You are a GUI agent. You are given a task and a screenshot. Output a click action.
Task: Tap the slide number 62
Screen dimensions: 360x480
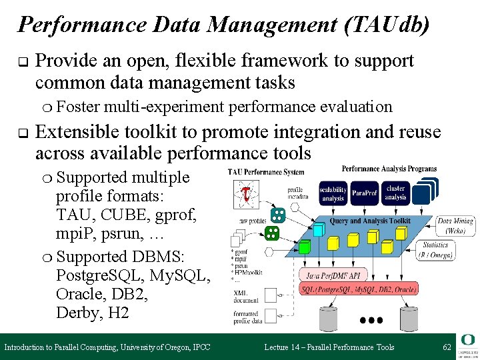[x=446, y=347]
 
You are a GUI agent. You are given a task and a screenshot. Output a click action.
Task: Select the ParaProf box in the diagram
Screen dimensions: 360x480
[x=364, y=193]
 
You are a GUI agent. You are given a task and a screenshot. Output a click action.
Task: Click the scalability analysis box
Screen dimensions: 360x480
[x=332, y=193]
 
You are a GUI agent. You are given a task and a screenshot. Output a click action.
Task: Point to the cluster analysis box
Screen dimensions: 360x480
[x=395, y=193]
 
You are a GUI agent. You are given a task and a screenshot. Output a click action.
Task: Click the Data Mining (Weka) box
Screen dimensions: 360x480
[x=455, y=225]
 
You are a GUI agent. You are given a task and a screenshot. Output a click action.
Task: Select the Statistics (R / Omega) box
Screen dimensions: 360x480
[x=435, y=249]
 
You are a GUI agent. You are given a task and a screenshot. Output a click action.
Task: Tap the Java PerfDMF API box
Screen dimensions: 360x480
[x=333, y=274]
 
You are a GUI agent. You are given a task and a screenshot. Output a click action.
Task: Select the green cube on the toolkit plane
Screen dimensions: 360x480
[x=304, y=247]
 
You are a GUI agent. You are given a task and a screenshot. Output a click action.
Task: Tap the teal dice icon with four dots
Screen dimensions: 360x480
[x=278, y=215]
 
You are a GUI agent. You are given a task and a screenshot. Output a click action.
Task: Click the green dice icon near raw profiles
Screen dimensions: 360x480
[x=271, y=233]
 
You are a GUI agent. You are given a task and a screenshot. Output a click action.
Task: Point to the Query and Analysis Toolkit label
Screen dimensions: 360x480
[x=370, y=220]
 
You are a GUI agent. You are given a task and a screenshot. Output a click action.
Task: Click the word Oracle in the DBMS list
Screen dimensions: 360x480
[x=78, y=293]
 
